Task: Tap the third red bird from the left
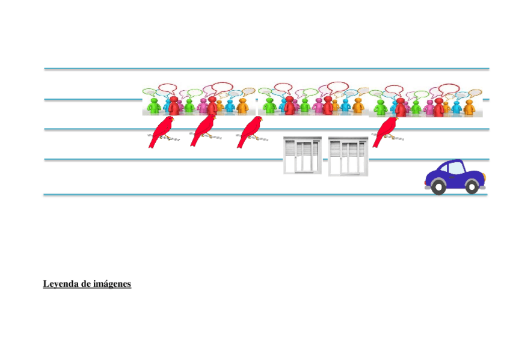[249, 130]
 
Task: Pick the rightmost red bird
[385, 130]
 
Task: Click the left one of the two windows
[303, 156]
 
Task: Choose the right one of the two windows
[348, 156]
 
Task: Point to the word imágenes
[112, 284]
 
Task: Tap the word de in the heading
[86, 284]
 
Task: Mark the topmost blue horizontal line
[266, 69]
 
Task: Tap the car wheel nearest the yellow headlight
[472, 188]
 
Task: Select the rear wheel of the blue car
[438, 188]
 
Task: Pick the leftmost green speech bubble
[149, 92]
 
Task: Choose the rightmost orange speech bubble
[475, 93]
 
